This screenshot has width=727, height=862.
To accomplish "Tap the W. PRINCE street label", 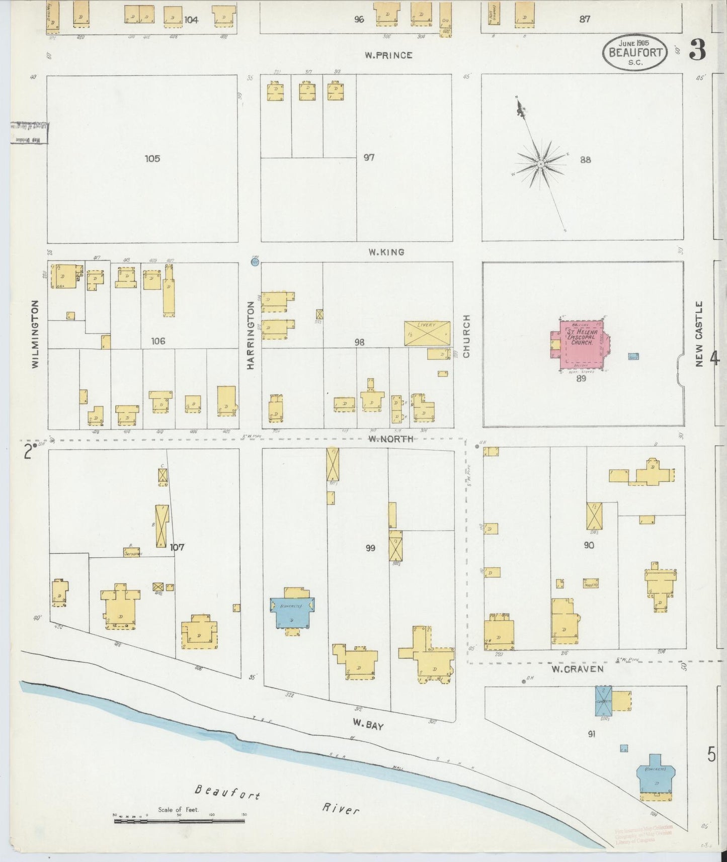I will click(388, 55).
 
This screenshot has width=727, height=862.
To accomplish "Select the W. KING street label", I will click(386, 252).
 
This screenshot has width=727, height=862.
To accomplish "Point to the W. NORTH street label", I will click(390, 439).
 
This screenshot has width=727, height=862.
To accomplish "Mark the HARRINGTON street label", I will click(251, 335).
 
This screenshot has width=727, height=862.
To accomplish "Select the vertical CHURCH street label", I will click(466, 336).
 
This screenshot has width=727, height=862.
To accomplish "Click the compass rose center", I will click(540, 164).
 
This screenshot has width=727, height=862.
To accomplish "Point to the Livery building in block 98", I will click(427, 333).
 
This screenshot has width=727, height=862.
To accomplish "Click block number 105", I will click(152, 158).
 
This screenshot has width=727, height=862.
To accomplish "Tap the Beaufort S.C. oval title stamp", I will click(635, 52).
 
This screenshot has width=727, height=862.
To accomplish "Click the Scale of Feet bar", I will click(179, 821).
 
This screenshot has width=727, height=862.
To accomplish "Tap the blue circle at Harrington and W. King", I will click(255, 262).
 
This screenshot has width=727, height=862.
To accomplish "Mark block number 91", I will click(592, 734).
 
